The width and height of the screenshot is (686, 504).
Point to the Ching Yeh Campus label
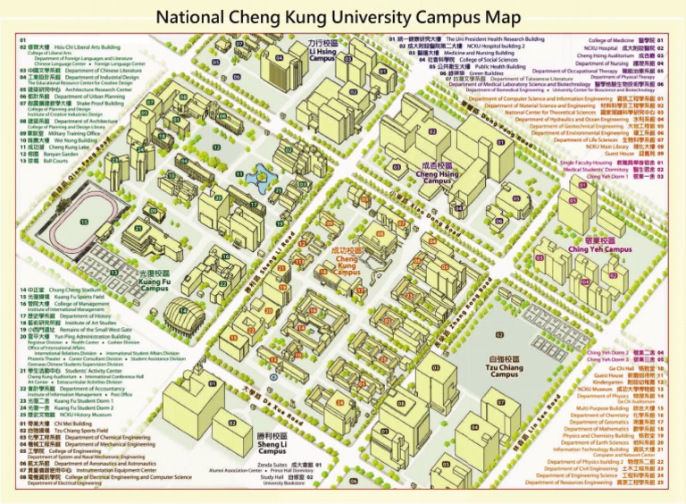coord(599,245)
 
